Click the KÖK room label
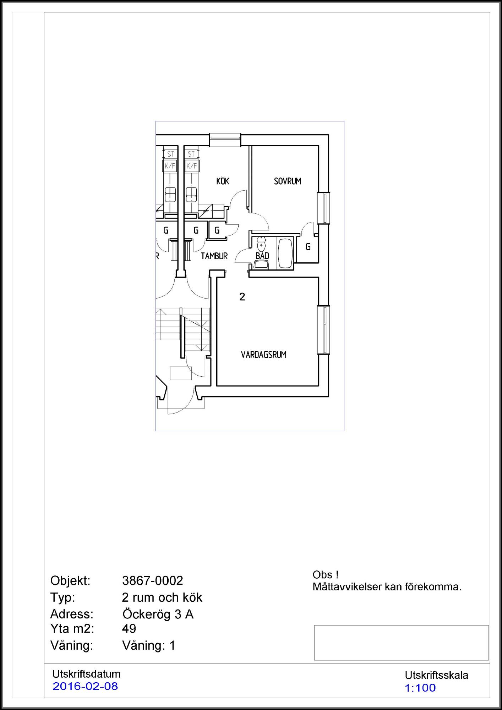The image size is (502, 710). click(x=223, y=181)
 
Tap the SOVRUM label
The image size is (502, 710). click(x=287, y=181)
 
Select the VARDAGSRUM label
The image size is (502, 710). click(x=263, y=355)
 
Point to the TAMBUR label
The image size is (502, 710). click(x=214, y=256)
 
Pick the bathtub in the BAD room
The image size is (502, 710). click(x=285, y=253)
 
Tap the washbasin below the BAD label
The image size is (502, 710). click(x=262, y=264)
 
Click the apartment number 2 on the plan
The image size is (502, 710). click(x=242, y=297)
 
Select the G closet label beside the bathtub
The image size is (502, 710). click(x=308, y=247)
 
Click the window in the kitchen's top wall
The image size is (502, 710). click(x=225, y=140)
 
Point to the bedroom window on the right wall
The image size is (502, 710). click(x=324, y=208)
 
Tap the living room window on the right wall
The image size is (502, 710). click(x=324, y=330)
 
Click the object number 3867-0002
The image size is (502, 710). click(x=153, y=580)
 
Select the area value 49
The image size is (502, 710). click(x=129, y=628)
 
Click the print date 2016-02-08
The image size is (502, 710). click(x=85, y=686)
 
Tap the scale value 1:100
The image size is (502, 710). click(x=420, y=688)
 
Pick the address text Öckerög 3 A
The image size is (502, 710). click(x=158, y=614)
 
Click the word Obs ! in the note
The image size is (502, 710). click(x=326, y=575)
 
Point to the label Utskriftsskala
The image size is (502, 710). click(x=436, y=675)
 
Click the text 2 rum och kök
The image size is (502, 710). click(x=162, y=597)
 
